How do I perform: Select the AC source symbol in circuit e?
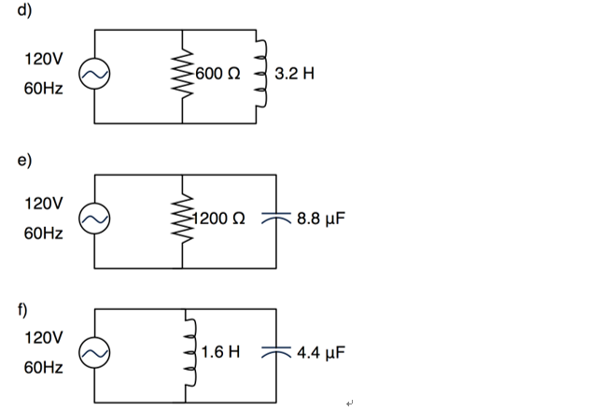point(95,220)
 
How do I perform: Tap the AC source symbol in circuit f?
point(95,354)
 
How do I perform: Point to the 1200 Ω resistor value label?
point(220,220)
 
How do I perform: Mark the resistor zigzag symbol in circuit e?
point(182,220)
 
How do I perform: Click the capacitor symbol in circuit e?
point(277,220)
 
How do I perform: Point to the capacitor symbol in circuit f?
point(277,354)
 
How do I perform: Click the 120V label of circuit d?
point(44,59)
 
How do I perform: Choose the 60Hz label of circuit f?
point(44,369)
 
